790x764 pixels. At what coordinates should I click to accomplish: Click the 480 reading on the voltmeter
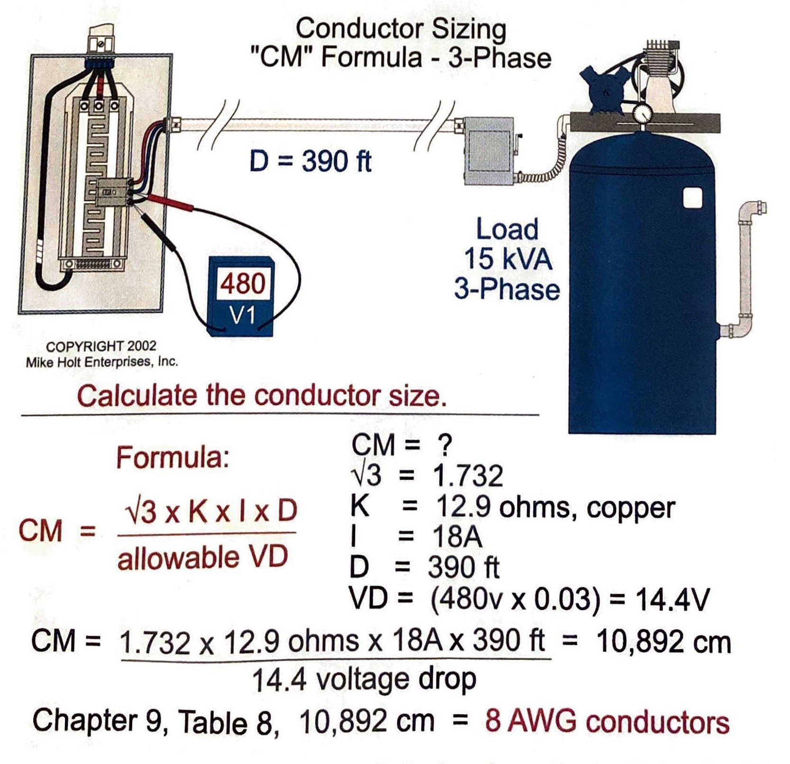243,283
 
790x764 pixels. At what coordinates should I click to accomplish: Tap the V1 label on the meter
242,315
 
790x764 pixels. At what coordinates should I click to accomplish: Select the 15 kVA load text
508,259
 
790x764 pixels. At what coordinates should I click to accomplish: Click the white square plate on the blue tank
692,198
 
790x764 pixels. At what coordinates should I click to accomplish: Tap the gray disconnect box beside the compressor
488,151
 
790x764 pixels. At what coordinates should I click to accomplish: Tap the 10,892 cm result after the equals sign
663,642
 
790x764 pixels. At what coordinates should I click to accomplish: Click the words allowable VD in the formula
202,557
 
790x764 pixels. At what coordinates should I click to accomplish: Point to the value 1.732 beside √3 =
468,476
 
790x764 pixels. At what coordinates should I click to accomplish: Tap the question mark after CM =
445,446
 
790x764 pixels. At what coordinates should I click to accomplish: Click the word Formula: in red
173,458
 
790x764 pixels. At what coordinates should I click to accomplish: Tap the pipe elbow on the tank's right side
749,214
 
